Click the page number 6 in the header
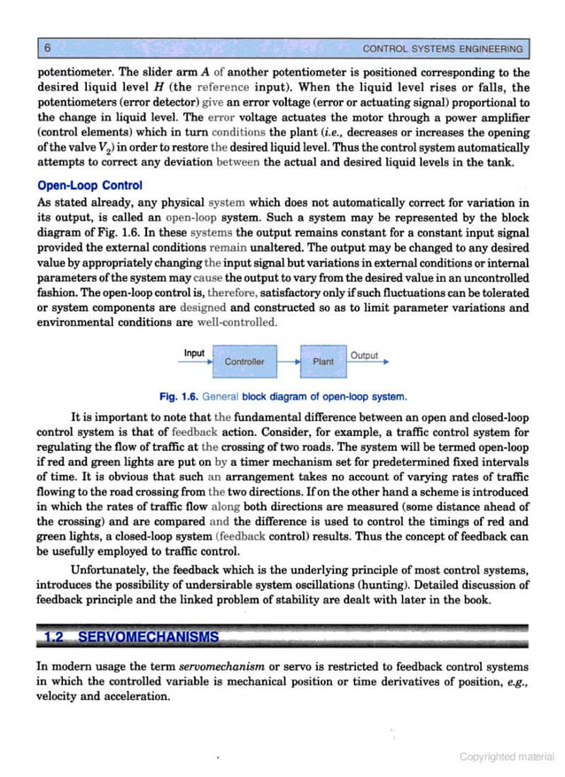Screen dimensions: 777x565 click(47, 47)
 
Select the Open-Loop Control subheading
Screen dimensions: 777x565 click(89, 186)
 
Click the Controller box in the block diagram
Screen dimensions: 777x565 click(244, 361)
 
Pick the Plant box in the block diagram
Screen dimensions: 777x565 click(323, 361)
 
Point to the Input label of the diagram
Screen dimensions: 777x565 click(194, 353)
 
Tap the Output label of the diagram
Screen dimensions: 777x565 click(364, 355)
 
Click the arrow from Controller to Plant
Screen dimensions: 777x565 click(288, 361)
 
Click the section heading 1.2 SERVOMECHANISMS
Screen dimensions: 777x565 click(130, 638)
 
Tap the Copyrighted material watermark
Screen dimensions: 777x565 click(507, 756)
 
